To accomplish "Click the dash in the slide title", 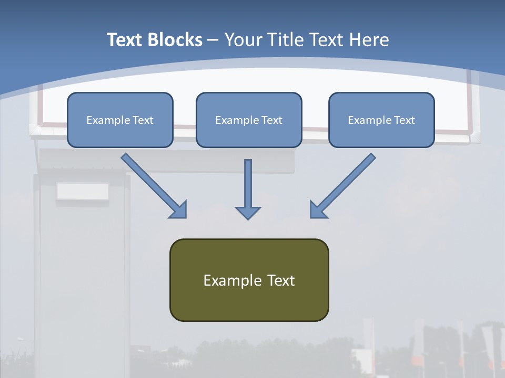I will [213, 40].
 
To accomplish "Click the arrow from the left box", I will [153, 185].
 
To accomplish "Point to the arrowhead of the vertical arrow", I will [248, 212].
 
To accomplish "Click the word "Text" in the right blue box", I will [404, 120].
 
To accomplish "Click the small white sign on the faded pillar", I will [83, 192].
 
